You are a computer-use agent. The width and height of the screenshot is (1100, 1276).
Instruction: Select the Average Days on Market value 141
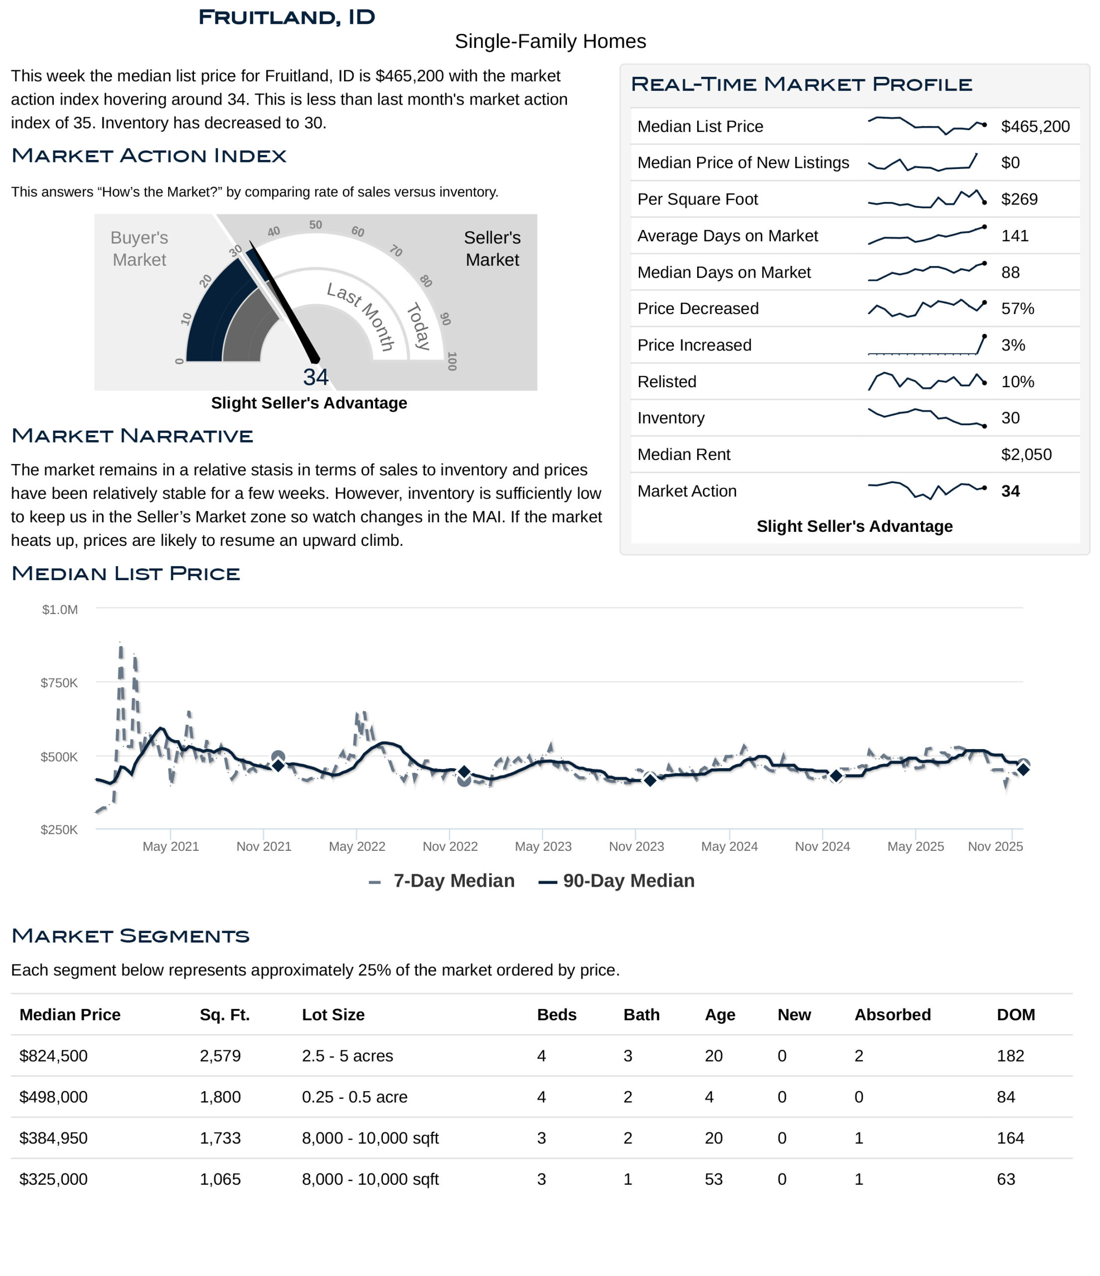pos(1014,236)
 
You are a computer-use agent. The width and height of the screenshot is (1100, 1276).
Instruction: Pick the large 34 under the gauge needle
pos(316,377)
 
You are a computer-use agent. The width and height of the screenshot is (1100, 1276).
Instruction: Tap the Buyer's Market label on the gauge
pos(139,248)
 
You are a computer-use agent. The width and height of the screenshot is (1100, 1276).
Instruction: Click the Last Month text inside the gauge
pos(361,316)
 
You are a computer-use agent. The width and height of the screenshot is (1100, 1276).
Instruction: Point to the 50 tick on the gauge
pos(316,225)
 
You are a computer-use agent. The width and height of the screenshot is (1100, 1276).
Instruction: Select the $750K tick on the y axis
pos(59,683)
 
